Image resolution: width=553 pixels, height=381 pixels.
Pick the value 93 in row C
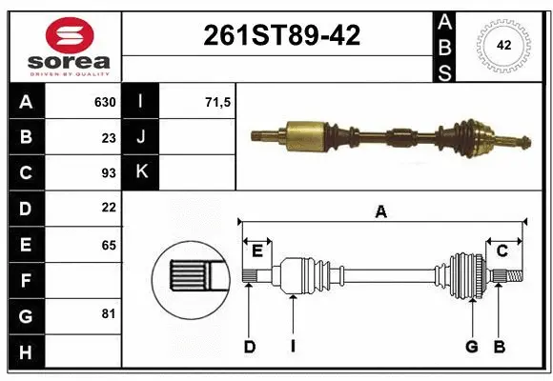pos(108,173)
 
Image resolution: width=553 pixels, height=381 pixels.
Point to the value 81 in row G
pos(108,313)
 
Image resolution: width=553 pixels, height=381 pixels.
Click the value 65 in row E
pos(108,245)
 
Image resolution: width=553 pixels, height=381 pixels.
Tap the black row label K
pos(141,173)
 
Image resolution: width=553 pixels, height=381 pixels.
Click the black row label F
pos(25,280)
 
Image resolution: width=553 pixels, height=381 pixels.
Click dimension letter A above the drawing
pos(381,212)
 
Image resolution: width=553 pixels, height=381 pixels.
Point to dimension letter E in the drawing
pos(257,250)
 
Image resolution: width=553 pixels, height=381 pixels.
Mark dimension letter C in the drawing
pos(502,250)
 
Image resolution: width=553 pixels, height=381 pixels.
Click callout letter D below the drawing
pos(249,347)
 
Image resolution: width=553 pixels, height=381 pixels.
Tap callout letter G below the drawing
pos(471,347)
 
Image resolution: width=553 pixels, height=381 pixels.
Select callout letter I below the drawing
pos(293,347)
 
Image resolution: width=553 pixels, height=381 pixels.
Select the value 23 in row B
pos(108,137)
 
